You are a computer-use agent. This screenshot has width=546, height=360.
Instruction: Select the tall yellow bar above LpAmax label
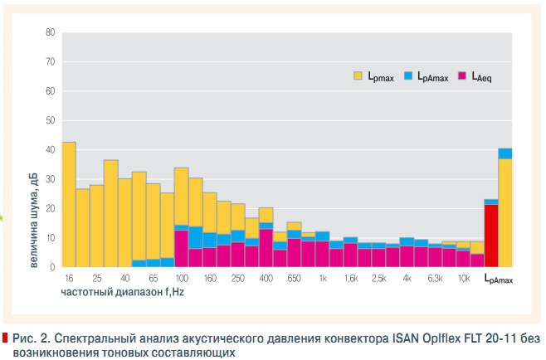(505, 212)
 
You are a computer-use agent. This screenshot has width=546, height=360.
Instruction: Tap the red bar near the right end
(491, 236)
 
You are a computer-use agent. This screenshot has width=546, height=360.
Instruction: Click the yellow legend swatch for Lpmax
(358, 75)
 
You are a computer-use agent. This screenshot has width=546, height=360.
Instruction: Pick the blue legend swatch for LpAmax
(409, 75)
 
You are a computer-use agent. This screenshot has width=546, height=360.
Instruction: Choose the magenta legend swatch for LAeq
(462, 75)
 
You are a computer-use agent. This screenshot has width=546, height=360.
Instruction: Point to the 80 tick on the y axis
(50, 33)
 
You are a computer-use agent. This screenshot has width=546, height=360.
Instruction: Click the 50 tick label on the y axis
(50, 121)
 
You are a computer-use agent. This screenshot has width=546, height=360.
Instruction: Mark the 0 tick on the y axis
(52, 267)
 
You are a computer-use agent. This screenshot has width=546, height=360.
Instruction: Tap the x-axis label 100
(181, 280)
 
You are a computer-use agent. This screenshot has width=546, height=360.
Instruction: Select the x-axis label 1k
(322, 280)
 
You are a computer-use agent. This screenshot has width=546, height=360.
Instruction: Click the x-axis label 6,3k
(435, 280)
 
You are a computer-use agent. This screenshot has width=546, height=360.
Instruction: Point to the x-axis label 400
(266, 280)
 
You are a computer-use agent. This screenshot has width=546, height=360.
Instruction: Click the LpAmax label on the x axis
(499, 280)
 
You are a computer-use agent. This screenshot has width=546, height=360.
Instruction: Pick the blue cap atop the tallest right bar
(505, 153)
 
